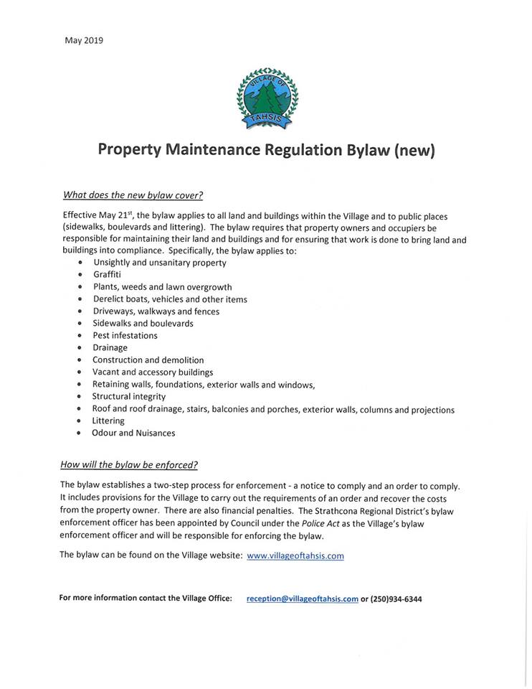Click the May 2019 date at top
(x=84, y=40)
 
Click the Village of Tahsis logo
(x=267, y=99)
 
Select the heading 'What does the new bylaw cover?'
(x=133, y=194)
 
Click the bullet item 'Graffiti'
(x=107, y=275)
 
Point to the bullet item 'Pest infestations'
(x=125, y=335)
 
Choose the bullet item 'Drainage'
(x=110, y=347)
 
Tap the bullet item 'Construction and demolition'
(x=148, y=360)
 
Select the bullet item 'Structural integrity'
(x=129, y=396)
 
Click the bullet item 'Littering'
(x=108, y=421)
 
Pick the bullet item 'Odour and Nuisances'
(x=133, y=433)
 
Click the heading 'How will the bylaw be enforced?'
(x=129, y=464)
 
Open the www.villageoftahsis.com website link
(x=295, y=556)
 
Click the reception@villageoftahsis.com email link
(x=302, y=599)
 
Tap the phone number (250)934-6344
(x=396, y=599)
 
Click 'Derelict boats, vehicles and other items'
(x=170, y=299)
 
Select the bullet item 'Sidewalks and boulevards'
(x=143, y=323)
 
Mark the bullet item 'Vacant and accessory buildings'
(x=153, y=372)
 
